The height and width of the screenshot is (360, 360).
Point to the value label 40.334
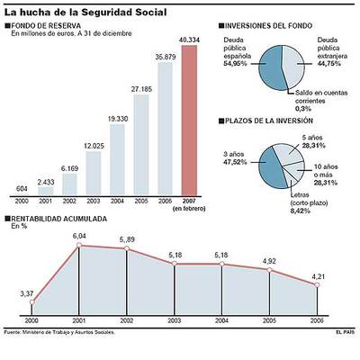[x=190, y=40]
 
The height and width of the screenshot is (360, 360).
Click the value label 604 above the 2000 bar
[x=22, y=188]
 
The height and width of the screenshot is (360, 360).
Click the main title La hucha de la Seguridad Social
[x=76, y=10]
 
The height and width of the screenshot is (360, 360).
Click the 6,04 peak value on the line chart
[x=79, y=235]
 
